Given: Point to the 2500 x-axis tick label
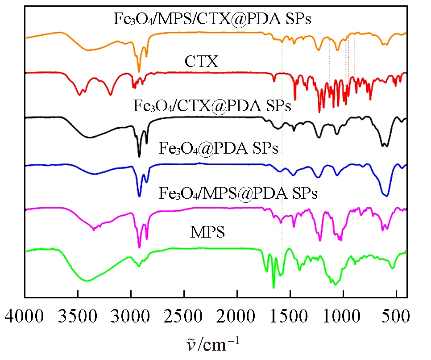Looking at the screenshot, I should point(184,318).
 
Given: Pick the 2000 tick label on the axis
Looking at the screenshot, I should point(237,318).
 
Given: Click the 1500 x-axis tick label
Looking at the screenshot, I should point(290,318).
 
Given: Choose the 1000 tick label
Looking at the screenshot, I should point(344,318).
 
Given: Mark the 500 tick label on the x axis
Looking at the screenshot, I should point(396,318).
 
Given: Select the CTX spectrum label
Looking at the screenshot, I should point(202,62).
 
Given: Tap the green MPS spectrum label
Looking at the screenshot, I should point(207,233).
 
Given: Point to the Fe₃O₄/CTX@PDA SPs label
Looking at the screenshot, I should point(212,107).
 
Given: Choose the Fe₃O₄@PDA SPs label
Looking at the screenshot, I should point(218,148).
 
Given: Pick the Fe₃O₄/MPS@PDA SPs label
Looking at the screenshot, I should point(238,193).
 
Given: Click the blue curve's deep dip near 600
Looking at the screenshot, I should point(386,195).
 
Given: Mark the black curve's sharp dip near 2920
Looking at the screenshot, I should point(139,156).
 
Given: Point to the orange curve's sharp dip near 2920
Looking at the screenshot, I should point(139,71).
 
